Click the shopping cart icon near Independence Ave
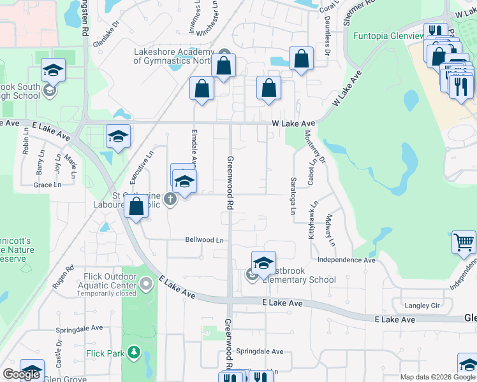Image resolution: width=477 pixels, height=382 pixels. [x=464, y=242]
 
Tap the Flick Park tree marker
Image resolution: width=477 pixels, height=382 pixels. [x=133, y=351]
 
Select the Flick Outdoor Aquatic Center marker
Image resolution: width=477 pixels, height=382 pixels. [x=147, y=283]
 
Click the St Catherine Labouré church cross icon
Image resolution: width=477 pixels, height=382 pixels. [x=170, y=200]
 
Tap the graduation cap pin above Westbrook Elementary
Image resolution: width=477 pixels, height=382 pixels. [x=263, y=262]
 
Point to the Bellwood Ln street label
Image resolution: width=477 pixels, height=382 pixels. [x=205, y=240]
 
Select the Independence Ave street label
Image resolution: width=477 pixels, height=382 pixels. [x=346, y=260]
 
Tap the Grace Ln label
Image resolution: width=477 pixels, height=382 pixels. [x=48, y=185]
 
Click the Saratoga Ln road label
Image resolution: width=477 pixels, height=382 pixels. [x=293, y=195]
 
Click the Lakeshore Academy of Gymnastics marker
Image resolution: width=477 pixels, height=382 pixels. [x=223, y=53]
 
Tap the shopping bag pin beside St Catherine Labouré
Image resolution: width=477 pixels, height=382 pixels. [x=136, y=207]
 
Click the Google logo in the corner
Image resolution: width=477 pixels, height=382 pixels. [x=22, y=374]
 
